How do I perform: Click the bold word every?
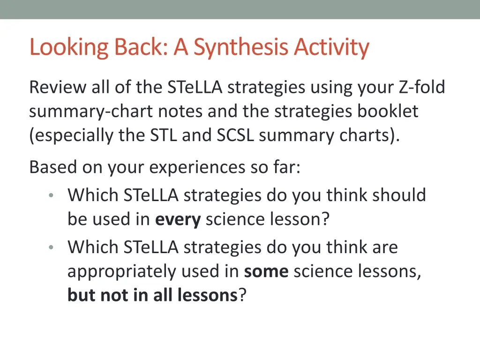[x=178, y=219]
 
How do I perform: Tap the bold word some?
[x=266, y=271]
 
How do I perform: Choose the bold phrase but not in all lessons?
[x=153, y=295]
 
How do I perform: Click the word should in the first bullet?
[x=399, y=195]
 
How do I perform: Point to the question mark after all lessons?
[x=242, y=295]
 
